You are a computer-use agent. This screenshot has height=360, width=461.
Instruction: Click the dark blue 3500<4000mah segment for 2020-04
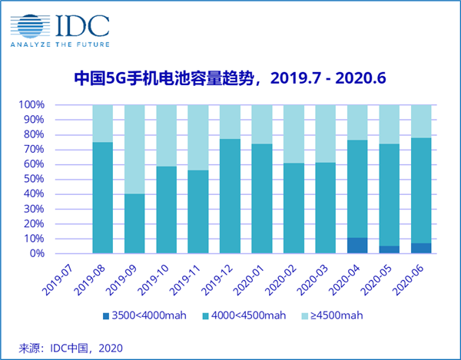[x=357, y=246]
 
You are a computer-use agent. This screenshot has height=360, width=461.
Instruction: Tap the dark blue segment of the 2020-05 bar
[x=389, y=249]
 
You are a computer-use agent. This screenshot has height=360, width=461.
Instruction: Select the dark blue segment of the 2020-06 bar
[x=420, y=248]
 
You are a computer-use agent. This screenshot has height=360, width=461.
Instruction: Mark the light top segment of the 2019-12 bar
[x=230, y=121]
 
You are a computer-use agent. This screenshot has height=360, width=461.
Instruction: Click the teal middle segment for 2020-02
[x=294, y=208]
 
